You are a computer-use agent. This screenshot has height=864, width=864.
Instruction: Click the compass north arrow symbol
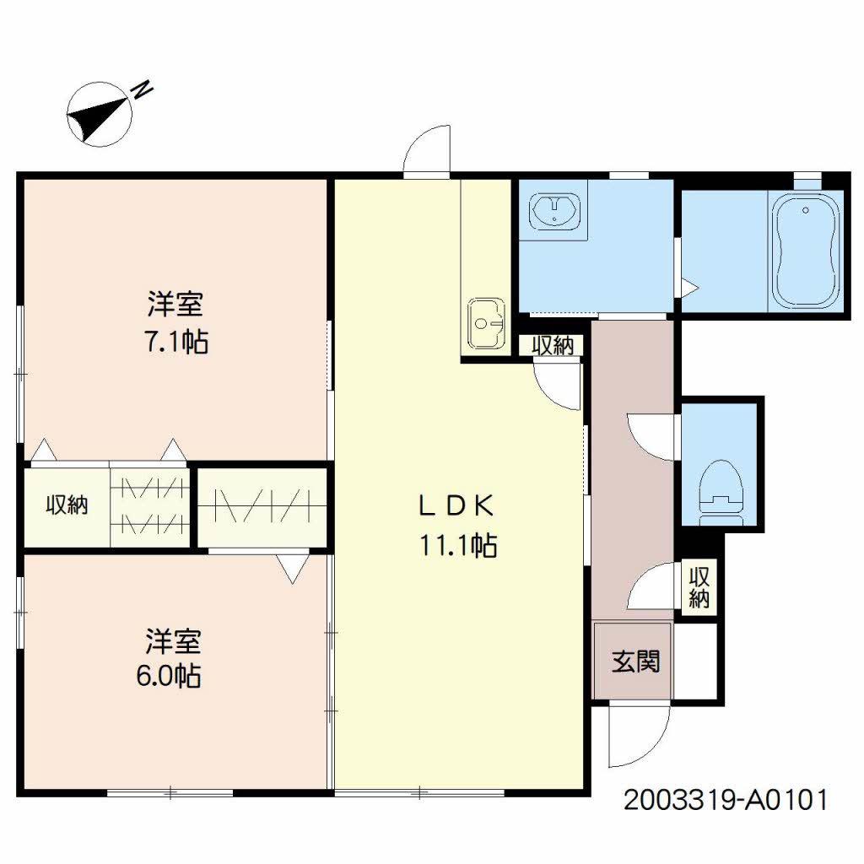point(100,115)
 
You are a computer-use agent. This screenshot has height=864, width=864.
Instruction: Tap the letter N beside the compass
point(143,89)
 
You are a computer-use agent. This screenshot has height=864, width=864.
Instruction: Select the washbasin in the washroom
point(553,210)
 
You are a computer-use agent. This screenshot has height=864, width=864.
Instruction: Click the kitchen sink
point(486,323)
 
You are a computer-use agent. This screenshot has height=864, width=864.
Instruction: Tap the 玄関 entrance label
point(636,661)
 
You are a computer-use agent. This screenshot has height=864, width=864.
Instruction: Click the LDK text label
point(456,506)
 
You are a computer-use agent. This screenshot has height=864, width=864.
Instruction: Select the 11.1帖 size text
point(458,546)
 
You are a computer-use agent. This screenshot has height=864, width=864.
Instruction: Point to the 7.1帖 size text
point(175,342)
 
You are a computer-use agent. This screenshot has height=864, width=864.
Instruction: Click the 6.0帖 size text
point(168,676)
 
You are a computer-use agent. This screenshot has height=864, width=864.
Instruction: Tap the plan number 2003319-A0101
point(725,800)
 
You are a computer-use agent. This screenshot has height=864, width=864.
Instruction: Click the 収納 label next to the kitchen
point(553,345)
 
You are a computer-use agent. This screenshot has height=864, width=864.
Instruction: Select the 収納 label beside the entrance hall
point(699,587)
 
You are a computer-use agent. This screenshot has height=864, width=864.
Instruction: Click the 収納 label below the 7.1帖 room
point(67,505)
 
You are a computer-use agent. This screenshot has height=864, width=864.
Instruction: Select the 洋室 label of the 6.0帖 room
point(173,641)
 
